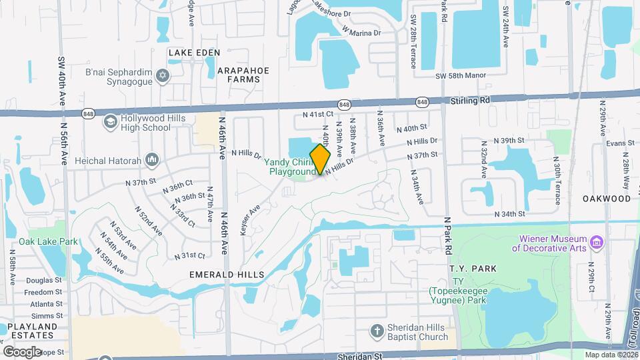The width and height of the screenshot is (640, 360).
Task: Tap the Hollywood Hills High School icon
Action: tap(110, 121)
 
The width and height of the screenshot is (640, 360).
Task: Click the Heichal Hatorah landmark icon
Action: tap(153, 159)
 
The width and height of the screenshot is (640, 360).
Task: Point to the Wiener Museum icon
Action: tap(597, 241)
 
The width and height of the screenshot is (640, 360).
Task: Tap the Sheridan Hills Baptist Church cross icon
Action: tap(377, 331)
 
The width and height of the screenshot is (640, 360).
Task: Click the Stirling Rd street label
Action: tap(471, 99)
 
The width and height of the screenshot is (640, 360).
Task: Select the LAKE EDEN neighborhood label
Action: tap(190, 52)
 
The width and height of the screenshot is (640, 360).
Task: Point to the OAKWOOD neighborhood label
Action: tap(606, 199)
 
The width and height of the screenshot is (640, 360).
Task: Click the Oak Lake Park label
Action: tap(48, 241)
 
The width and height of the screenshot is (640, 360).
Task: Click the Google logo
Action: tap(22, 351)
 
